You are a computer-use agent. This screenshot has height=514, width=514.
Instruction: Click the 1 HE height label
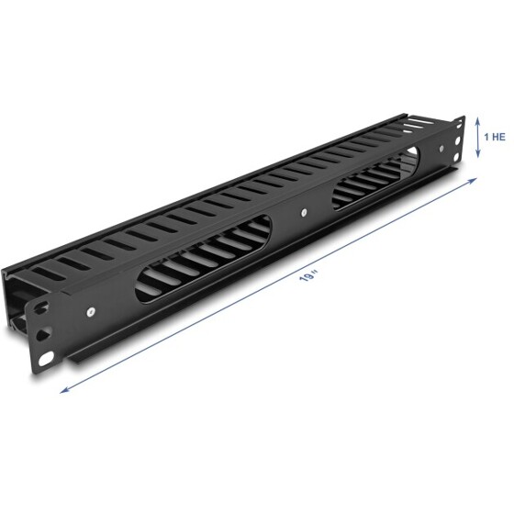click(x=495, y=135)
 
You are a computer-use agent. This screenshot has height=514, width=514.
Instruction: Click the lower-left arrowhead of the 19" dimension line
click(x=63, y=390)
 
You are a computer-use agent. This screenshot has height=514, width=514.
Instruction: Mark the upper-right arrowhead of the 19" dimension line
click(x=476, y=181)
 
